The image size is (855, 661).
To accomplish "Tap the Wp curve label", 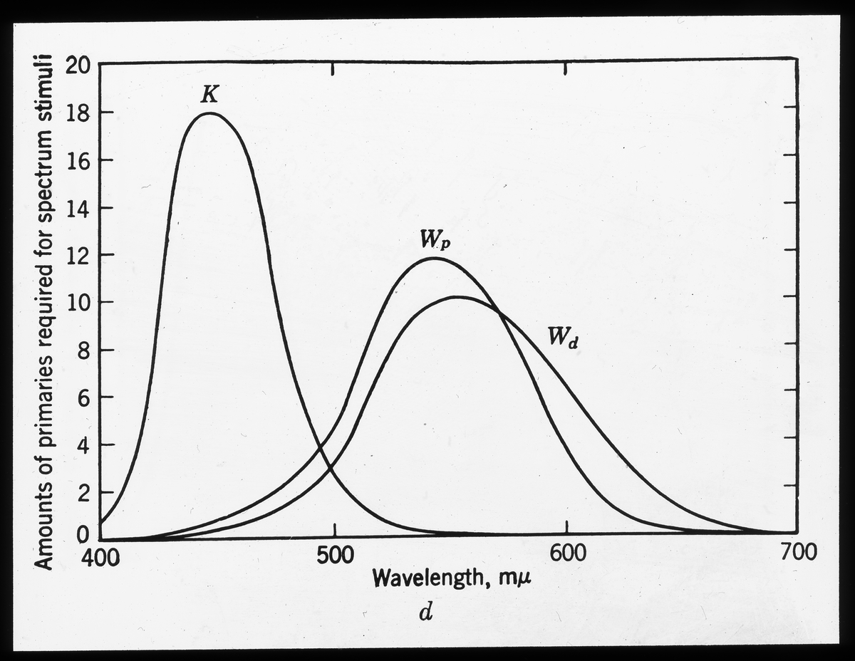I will point(435,241).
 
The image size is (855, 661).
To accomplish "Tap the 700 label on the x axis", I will point(797,555).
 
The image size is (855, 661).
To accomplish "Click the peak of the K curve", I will point(209,113).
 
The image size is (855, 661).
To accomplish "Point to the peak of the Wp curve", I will point(435,258).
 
